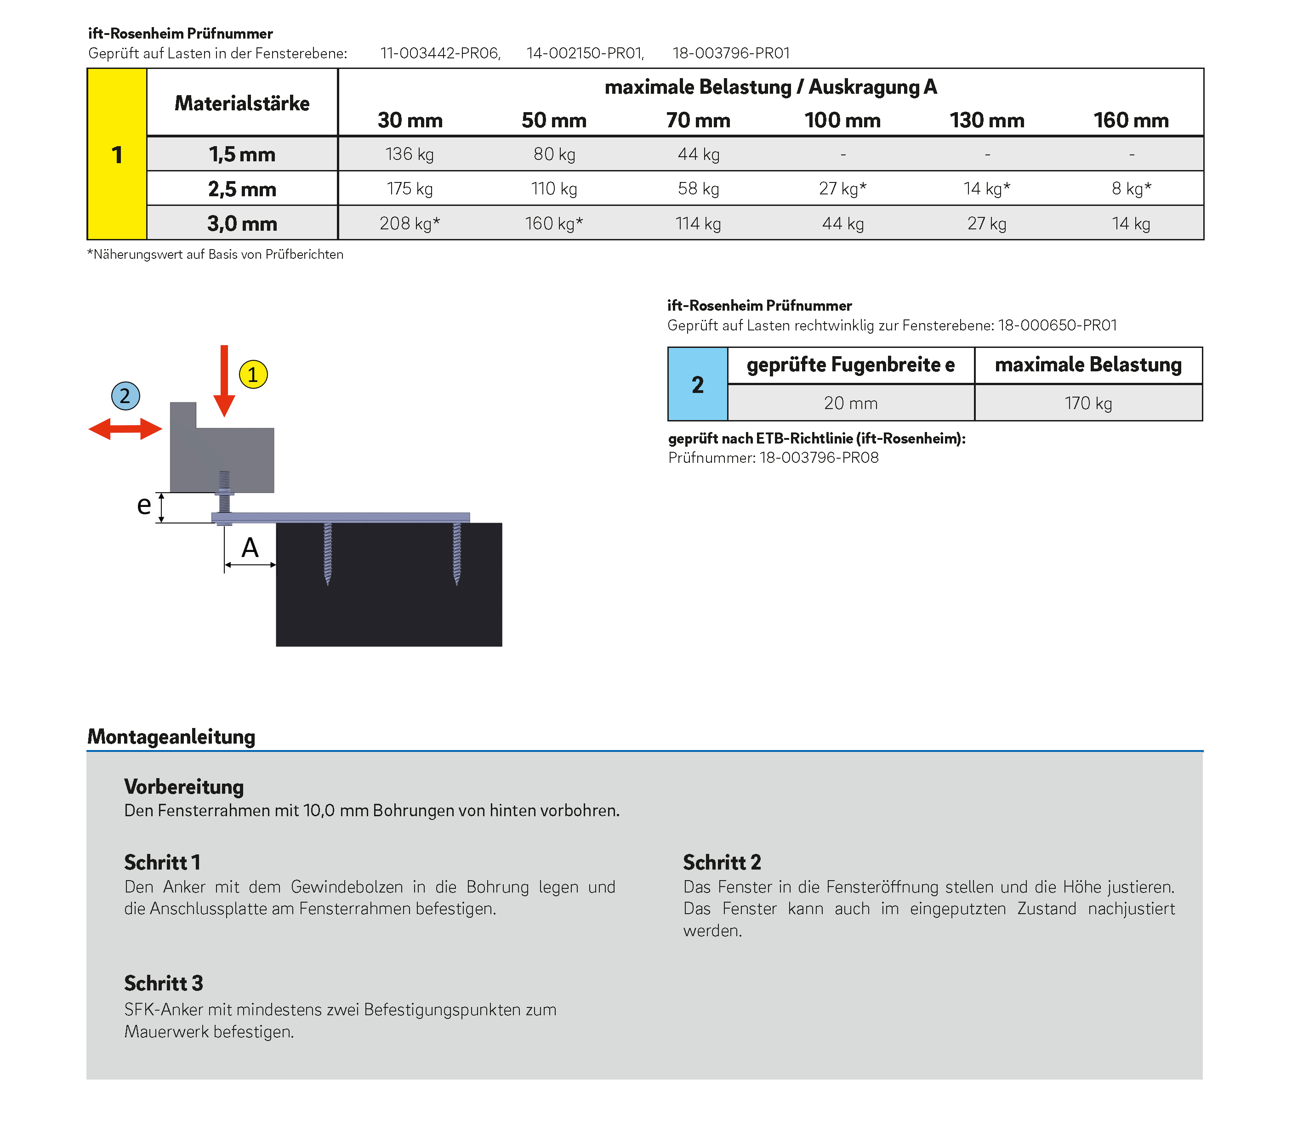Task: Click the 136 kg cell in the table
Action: pyautogui.click(x=409, y=154)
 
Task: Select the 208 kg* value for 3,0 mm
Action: pyautogui.click(x=409, y=223)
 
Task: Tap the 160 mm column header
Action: pyautogui.click(x=1131, y=120)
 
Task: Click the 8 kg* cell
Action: pyautogui.click(x=1131, y=188)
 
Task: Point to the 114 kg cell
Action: pyautogui.click(x=698, y=223)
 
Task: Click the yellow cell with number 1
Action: pyautogui.click(x=117, y=154)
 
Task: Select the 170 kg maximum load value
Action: pyautogui.click(x=1088, y=403)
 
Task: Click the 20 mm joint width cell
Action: pyautogui.click(x=850, y=403)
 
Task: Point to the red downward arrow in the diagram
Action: pyautogui.click(x=224, y=380)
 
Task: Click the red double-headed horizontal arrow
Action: pyautogui.click(x=125, y=429)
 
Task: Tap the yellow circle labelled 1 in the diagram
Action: pyautogui.click(x=253, y=375)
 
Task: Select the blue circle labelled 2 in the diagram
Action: pyautogui.click(x=125, y=396)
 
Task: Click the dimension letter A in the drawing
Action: pyautogui.click(x=250, y=548)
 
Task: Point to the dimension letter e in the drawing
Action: pyautogui.click(x=144, y=505)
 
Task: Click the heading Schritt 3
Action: pyautogui.click(x=163, y=983)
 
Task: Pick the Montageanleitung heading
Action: pyautogui.click(x=171, y=736)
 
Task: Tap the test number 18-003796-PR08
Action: pyautogui.click(x=819, y=457)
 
